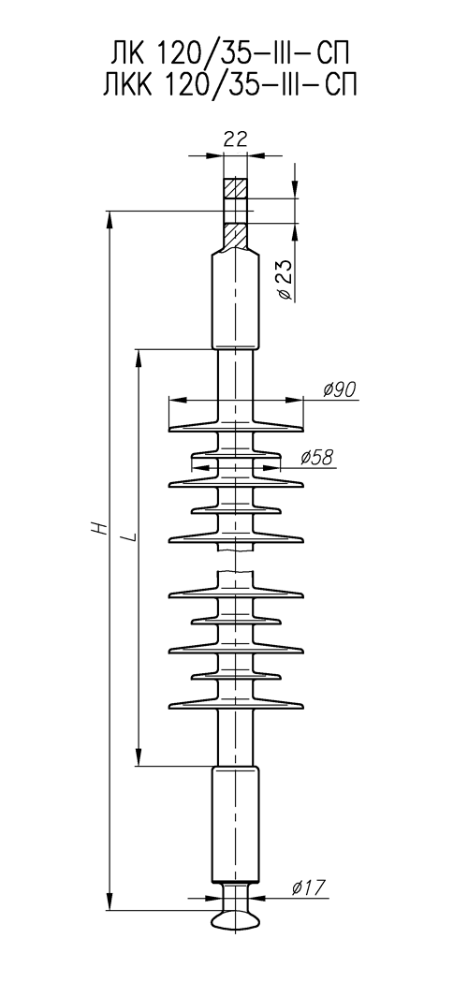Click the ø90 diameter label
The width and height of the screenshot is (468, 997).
tap(340, 389)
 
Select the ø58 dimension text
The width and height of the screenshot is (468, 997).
tap(317, 457)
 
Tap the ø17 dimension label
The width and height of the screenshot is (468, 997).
tap(308, 887)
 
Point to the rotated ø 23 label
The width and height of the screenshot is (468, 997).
tap(285, 280)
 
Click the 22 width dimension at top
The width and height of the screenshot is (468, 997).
tap(235, 139)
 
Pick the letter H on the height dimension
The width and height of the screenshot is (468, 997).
tap(97, 528)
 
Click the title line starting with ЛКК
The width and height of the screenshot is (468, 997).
tap(229, 84)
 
